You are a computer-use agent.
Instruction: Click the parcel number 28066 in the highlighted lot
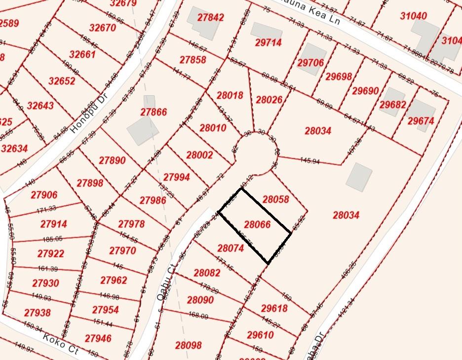click(x=257, y=224)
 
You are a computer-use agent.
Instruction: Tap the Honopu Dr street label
click(x=82, y=117)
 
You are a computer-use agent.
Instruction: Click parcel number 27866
click(x=154, y=112)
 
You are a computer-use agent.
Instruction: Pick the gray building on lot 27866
click(x=143, y=130)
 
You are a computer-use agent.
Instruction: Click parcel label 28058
click(x=276, y=199)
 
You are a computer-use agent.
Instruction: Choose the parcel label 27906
click(x=44, y=195)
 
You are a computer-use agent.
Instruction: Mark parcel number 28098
click(x=188, y=345)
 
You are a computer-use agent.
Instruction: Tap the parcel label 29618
click(x=274, y=308)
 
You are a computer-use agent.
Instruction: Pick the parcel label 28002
click(x=199, y=155)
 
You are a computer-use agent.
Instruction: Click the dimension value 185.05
click(x=52, y=239)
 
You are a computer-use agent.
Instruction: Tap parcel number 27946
click(x=98, y=338)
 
